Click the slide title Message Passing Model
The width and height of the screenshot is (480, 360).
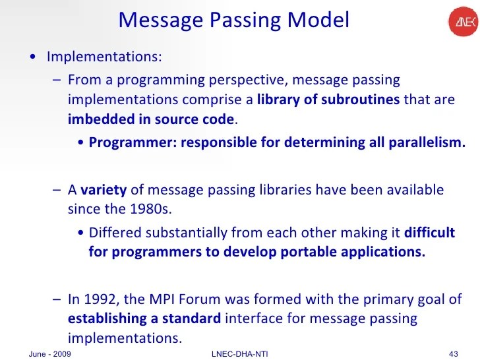pyautogui.click(x=233, y=20)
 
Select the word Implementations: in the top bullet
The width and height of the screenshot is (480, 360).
pyautogui.click(x=104, y=56)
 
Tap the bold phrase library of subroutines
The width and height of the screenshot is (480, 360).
pyautogui.click(x=328, y=100)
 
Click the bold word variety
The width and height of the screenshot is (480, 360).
pyautogui.click(x=104, y=190)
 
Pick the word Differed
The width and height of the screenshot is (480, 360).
pyautogui.click(x=113, y=232)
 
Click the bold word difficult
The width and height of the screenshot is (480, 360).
pyautogui.click(x=429, y=232)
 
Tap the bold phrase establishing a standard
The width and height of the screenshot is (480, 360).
pyautogui.click(x=144, y=319)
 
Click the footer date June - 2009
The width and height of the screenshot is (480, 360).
pyautogui.click(x=51, y=354)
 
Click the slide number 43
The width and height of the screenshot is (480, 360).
pyautogui.click(x=453, y=354)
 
